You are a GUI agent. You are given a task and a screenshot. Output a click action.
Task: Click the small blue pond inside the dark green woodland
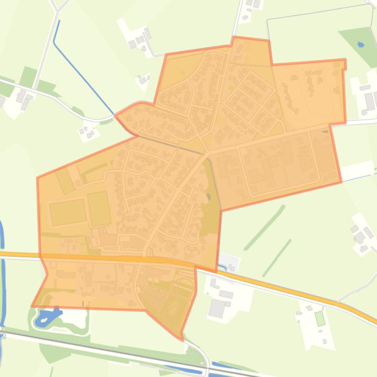point(361,45)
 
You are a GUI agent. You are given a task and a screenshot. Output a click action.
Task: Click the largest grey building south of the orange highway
point(216,308)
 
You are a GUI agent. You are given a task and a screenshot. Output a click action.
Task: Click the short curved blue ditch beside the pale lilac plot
point(223,266)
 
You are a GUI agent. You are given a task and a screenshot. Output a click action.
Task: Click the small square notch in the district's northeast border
point(345,65)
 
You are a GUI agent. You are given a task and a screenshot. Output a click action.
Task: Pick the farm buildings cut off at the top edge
point(253,4)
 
